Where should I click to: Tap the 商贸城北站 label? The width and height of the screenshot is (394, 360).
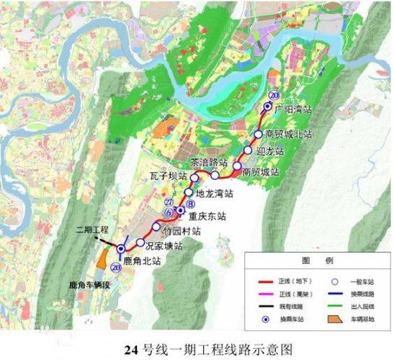[288, 135]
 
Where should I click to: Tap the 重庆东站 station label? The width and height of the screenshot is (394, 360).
[207, 215]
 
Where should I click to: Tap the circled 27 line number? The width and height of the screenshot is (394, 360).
[169, 202]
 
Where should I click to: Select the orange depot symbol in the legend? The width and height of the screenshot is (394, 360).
[333, 318]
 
